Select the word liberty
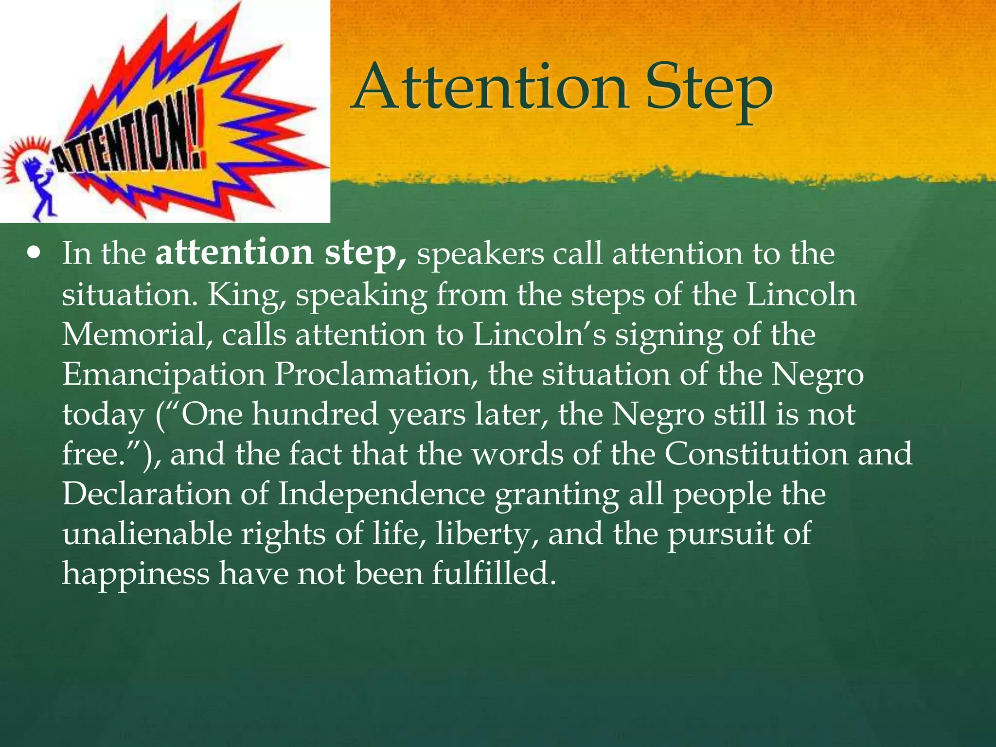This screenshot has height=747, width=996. pos(486,534)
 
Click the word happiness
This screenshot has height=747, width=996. pos(136,574)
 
